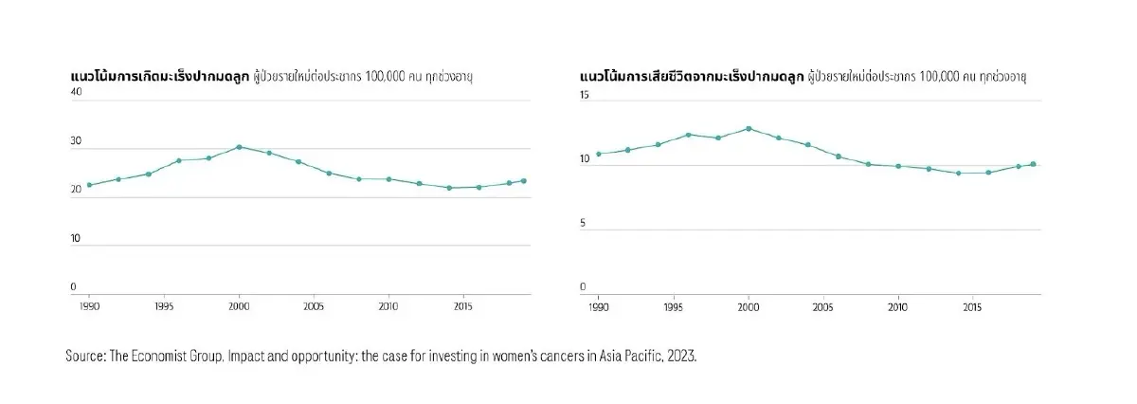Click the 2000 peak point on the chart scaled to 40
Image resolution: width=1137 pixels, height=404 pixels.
(x=239, y=147)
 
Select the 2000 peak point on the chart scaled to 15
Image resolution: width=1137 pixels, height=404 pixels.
(x=749, y=128)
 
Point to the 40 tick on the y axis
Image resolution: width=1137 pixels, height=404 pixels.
(x=76, y=92)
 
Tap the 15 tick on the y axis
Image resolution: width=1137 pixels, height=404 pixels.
(x=585, y=95)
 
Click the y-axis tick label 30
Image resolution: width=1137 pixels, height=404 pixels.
(x=76, y=141)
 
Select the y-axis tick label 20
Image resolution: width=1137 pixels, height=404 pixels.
(x=76, y=191)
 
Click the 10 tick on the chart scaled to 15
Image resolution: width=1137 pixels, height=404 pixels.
(x=585, y=159)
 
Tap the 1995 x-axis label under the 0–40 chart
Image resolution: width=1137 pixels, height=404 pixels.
(x=164, y=306)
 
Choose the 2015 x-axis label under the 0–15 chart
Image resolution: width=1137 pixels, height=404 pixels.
(x=972, y=306)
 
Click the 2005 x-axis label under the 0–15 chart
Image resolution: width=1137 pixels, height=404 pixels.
(x=823, y=306)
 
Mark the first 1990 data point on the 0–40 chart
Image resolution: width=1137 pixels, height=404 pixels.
(x=89, y=185)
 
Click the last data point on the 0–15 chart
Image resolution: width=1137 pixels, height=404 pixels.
(x=1033, y=164)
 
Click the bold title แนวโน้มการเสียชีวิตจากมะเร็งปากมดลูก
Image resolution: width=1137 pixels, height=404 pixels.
(x=691, y=74)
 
